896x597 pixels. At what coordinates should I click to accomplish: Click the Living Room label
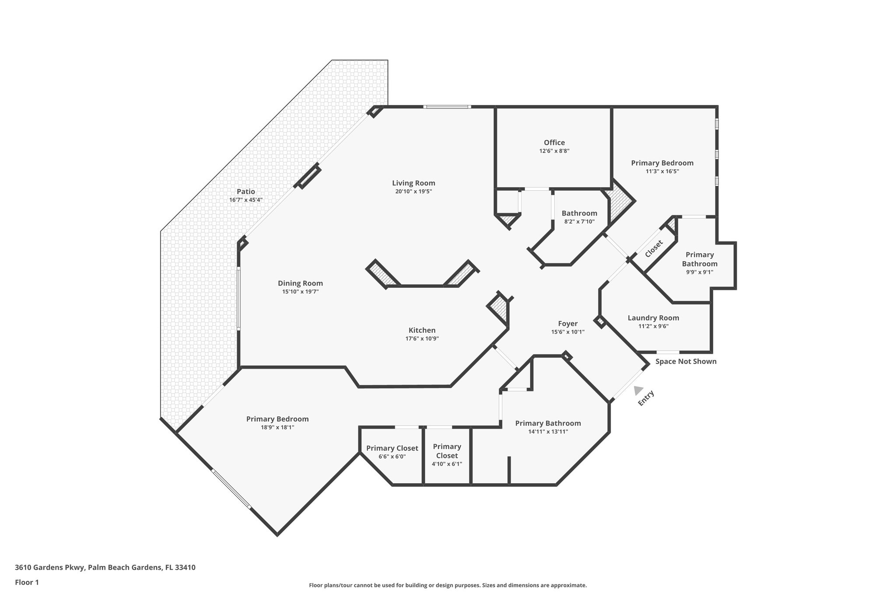413,183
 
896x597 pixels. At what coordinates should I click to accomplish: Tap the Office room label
554,143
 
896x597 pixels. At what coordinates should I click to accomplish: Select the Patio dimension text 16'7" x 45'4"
245,200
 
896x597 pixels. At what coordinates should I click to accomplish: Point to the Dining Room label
300,283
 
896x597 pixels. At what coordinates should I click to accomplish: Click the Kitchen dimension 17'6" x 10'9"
422,339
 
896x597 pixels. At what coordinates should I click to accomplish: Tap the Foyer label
567,324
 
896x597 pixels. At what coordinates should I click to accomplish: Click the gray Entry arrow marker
638,390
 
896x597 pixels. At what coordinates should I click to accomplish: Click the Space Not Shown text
686,361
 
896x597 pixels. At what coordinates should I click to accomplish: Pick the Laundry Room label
653,318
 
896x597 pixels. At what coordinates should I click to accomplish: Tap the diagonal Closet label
654,249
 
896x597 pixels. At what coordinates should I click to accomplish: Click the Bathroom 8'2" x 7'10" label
579,213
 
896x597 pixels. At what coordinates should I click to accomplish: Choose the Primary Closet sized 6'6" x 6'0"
392,448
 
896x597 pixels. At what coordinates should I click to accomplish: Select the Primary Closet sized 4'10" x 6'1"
447,451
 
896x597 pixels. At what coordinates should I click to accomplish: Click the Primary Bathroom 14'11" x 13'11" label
548,423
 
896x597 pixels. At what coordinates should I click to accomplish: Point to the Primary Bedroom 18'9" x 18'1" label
277,419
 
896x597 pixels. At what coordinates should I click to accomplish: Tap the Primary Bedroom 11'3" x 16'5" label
662,163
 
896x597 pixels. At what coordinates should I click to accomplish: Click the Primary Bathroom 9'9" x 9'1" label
699,259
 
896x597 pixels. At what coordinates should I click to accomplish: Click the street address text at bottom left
105,567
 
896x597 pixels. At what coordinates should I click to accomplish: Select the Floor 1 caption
27,582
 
